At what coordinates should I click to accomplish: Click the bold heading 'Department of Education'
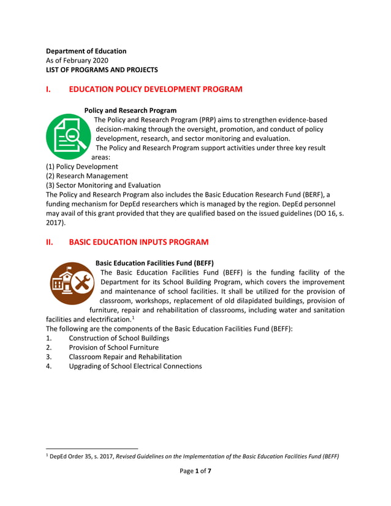pyautogui.click(x=86, y=51)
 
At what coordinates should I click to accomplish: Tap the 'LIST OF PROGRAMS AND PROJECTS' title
pyautogui.click(x=102, y=70)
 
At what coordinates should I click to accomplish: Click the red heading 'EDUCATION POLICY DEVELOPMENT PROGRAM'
pyautogui.click(x=156, y=89)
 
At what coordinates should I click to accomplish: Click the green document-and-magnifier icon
pyautogui.click(x=67, y=137)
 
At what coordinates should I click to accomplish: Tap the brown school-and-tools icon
pyautogui.click(x=72, y=284)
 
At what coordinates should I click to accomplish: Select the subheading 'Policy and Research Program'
pyautogui.click(x=130, y=110)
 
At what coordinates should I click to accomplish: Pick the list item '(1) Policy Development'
pyautogui.click(x=82, y=167)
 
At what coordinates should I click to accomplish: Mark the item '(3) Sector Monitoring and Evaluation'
pyautogui.click(x=104, y=186)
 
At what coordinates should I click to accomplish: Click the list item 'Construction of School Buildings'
pyautogui.click(x=119, y=338)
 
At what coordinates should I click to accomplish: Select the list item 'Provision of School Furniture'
pyautogui.click(x=113, y=347)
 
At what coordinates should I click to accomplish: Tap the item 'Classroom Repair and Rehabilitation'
pyautogui.click(x=125, y=357)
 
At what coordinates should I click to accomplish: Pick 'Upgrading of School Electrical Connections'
pyautogui.click(x=135, y=366)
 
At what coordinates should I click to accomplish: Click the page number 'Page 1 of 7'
pyautogui.click(x=195, y=470)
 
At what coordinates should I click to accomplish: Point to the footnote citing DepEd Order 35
pyautogui.click(x=193, y=456)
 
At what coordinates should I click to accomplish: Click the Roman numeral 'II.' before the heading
pyautogui.click(x=51, y=242)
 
